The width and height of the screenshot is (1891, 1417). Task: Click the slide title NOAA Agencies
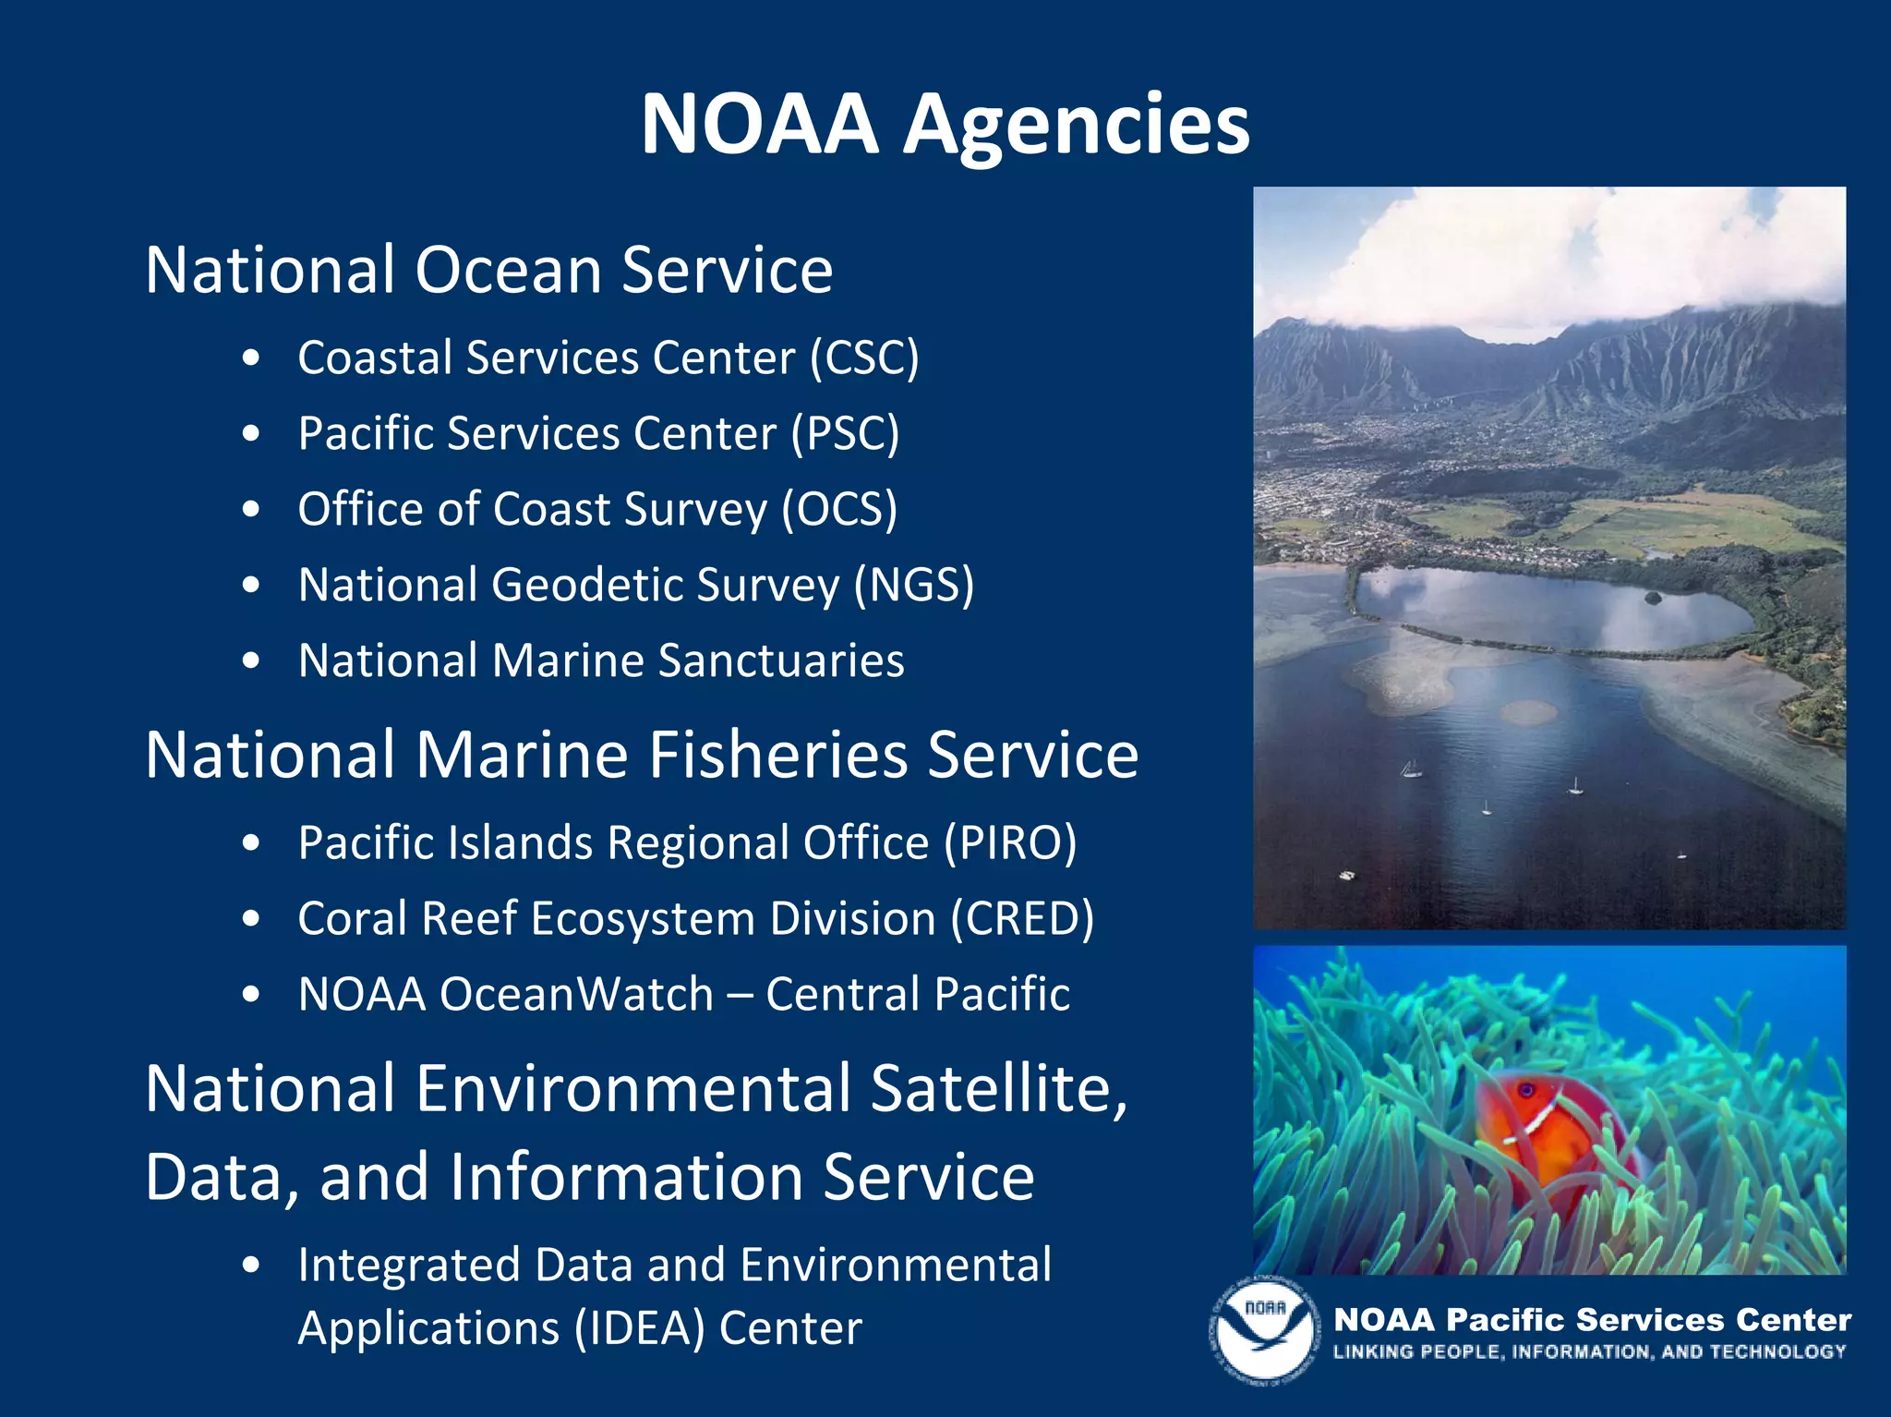coord(945,125)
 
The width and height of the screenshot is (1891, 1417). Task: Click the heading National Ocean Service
coord(489,270)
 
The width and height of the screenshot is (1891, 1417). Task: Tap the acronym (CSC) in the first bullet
coord(864,358)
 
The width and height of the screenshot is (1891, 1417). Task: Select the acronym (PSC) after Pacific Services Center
coord(845,434)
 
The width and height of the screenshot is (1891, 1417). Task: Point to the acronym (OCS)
coord(839,510)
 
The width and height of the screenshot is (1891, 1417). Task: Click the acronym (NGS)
coord(913,586)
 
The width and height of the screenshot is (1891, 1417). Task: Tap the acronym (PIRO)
coord(1010,843)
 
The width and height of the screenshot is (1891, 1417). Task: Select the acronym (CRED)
coord(1023,919)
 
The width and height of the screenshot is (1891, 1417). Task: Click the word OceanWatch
coord(576,995)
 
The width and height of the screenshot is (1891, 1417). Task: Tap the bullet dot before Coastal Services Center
coord(251,358)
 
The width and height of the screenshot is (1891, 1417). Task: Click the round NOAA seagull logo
coord(1264,1331)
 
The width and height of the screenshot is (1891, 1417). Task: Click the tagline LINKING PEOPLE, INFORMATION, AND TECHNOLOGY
coord(1589,1352)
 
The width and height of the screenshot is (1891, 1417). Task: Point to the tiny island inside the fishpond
coord(1653,598)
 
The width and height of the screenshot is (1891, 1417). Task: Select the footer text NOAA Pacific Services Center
coord(1593,1320)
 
